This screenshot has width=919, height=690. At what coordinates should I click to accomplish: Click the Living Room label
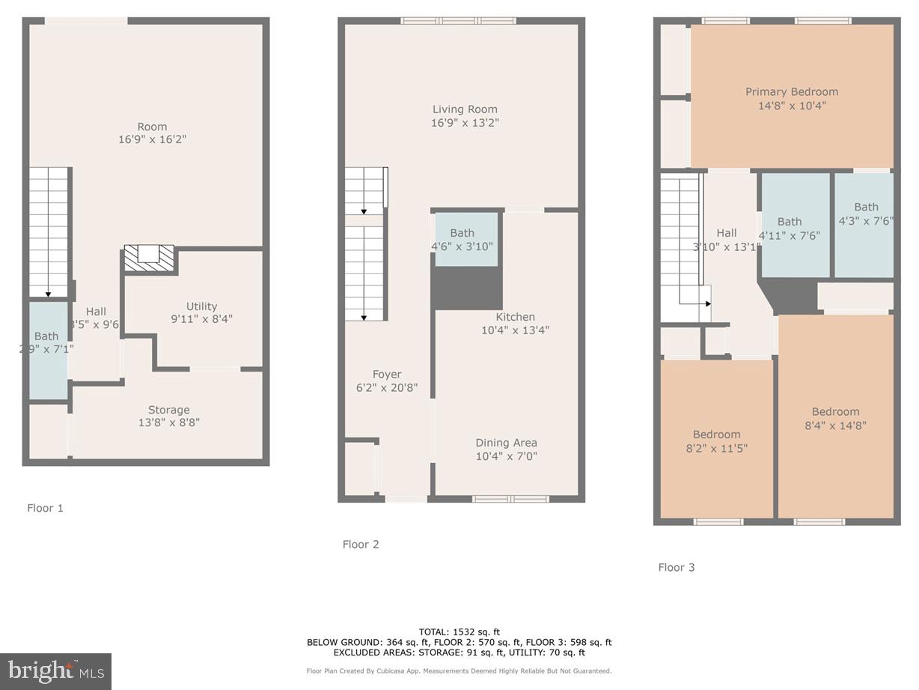(x=464, y=109)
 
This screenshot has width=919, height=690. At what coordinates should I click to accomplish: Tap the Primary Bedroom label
(x=791, y=92)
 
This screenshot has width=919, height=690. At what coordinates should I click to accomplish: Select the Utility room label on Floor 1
(x=201, y=306)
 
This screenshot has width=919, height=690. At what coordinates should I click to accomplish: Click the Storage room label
(x=168, y=410)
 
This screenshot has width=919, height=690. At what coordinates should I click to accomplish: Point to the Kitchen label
(x=515, y=317)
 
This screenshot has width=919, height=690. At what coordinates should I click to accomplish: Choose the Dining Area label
(x=506, y=443)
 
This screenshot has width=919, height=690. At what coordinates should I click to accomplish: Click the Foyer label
(x=387, y=375)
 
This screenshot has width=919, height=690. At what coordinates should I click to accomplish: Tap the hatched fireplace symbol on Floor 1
(x=149, y=258)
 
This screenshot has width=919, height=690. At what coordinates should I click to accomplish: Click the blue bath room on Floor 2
(x=467, y=239)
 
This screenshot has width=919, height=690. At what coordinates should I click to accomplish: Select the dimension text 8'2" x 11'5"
(x=716, y=448)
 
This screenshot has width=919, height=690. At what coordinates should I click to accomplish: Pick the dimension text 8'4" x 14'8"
(x=835, y=425)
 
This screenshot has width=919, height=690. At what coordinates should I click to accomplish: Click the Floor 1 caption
(x=46, y=508)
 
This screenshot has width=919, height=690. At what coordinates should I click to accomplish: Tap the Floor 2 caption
(x=361, y=545)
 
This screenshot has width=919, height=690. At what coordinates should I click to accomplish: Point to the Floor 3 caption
(x=677, y=567)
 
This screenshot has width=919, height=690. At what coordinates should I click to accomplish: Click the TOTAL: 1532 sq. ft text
(x=459, y=632)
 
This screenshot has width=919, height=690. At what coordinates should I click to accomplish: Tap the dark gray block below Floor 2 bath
(x=468, y=288)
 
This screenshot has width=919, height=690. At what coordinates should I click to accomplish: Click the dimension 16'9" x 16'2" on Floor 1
(x=152, y=139)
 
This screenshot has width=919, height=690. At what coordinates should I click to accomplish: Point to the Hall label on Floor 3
(x=726, y=233)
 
